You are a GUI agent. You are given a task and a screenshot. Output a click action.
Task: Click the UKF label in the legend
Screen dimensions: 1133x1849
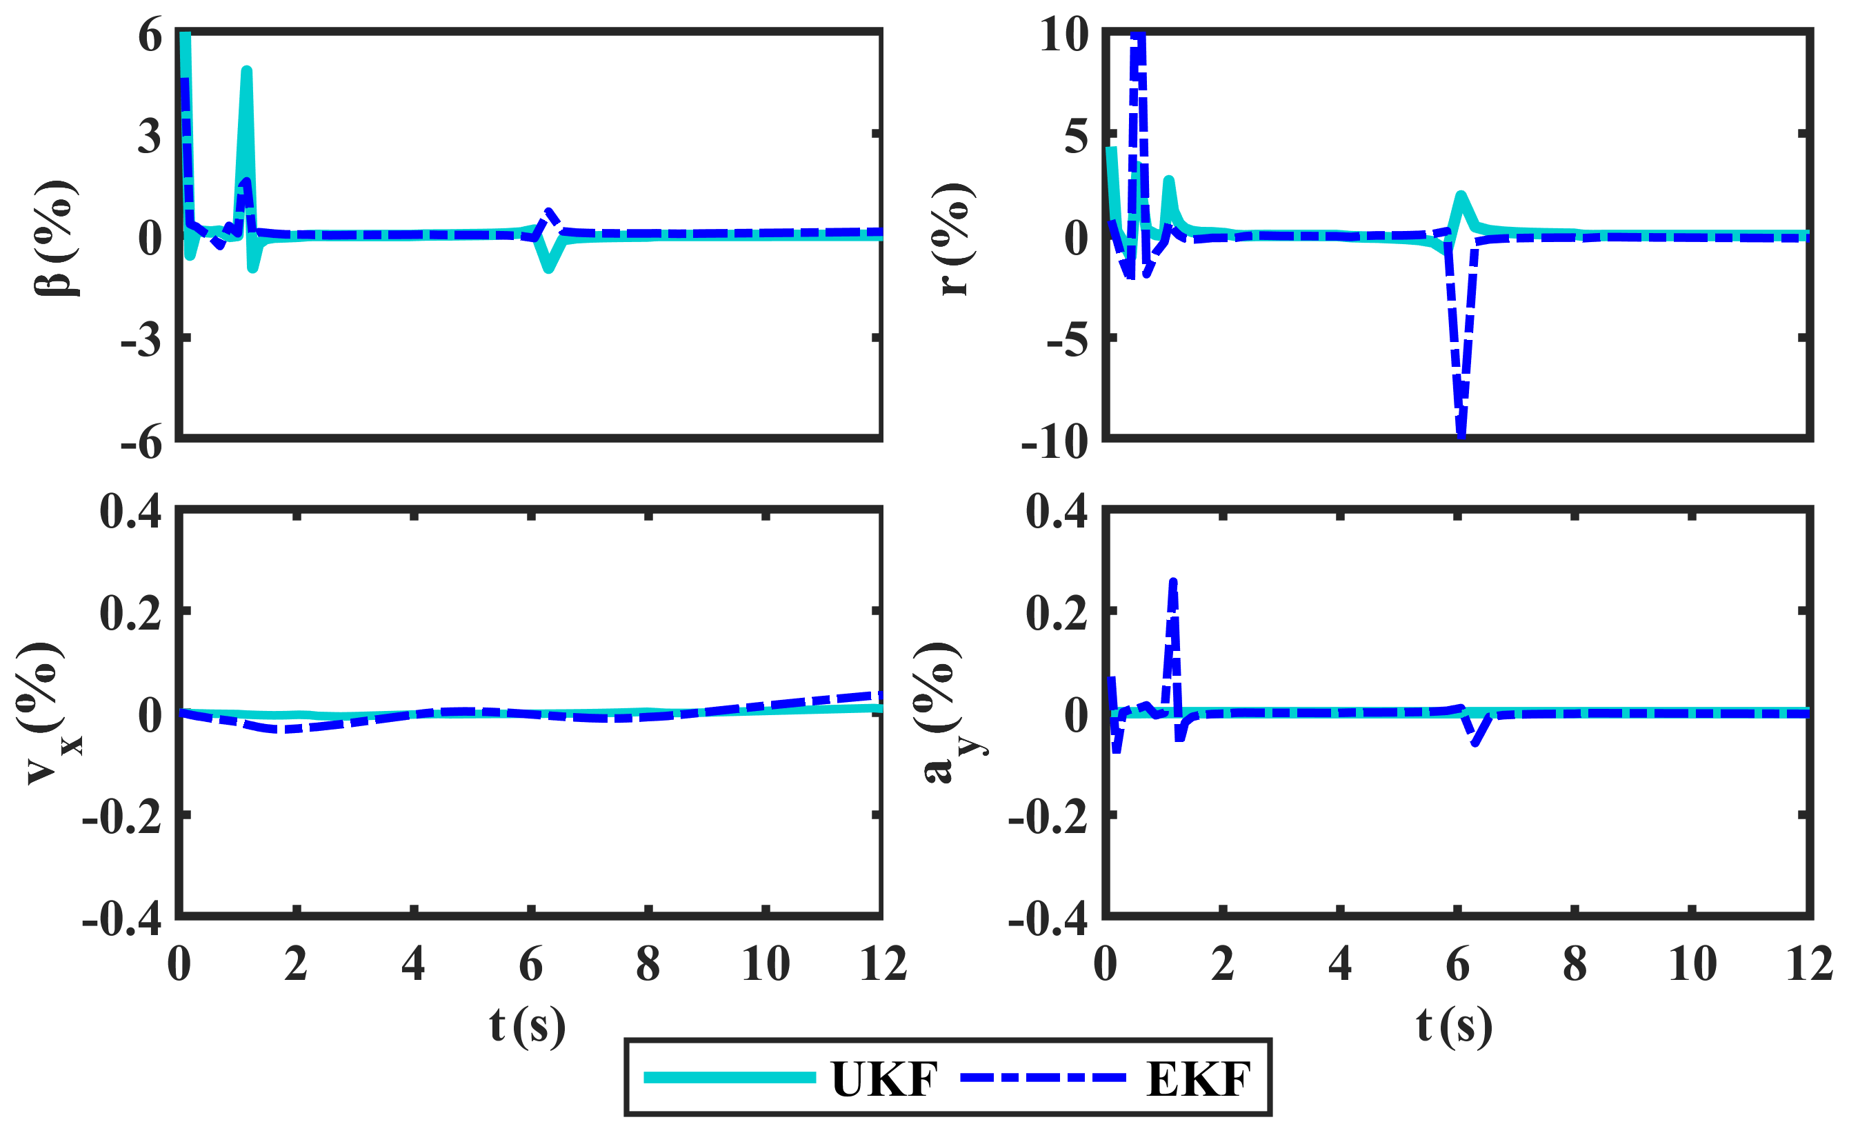pyautogui.click(x=884, y=1080)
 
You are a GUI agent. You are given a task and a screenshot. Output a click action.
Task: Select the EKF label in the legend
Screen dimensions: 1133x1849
pyautogui.click(x=1199, y=1080)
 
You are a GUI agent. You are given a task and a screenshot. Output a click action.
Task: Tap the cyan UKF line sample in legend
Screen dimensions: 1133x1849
pyautogui.click(x=730, y=1077)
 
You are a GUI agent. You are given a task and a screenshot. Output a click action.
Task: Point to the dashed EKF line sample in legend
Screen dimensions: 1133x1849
pyautogui.click(x=1043, y=1077)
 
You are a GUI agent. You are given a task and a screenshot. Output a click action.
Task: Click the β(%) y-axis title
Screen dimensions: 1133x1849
pyautogui.click(x=57, y=238)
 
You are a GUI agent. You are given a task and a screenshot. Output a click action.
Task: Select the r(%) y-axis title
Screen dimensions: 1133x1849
pyautogui.click(x=955, y=238)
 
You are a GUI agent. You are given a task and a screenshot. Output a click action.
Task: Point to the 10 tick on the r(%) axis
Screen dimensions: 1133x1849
pyautogui.click(x=1063, y=34)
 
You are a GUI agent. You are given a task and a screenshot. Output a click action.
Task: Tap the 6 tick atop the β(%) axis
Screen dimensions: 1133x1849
pyautogui.click(x=150, y=34)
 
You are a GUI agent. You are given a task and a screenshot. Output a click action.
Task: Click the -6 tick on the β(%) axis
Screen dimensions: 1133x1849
pyautogui.click(x=142, y=442)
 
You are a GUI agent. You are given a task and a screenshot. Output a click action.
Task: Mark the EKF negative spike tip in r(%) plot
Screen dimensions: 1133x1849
pyautogui.click(x=1461, y=435)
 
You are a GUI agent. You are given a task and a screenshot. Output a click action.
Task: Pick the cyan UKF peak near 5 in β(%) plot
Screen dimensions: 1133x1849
pyautogui.click(x=246, y=71)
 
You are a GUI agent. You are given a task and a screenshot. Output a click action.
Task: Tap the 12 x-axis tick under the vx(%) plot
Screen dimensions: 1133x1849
pyautogui.click(x=883, y=964)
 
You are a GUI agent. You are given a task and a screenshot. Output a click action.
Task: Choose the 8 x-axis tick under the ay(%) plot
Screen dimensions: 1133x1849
pyautogui.click(x=1575, y=964)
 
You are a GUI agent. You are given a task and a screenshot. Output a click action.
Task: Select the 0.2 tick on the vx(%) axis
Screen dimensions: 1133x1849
pyautogui.click(x=130, y=614)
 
